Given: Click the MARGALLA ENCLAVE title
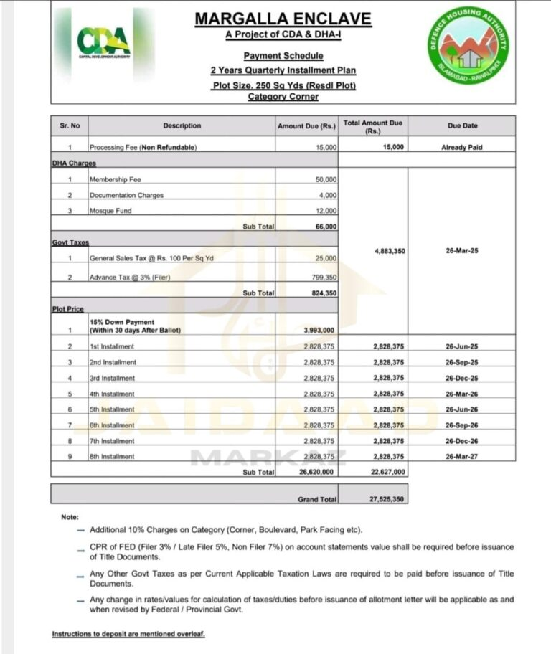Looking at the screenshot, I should (283, 19).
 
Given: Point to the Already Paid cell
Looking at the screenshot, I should (462, 147).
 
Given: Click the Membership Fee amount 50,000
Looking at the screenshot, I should (326, 179).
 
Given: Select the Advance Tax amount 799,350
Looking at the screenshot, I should (325, 277).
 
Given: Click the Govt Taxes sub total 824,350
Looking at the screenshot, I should (322, 293).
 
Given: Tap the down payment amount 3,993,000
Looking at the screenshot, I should (320, 330).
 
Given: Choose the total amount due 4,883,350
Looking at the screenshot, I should (390, 251).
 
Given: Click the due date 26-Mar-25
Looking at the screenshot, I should (461, 251).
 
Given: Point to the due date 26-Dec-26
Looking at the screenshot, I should (461, 441).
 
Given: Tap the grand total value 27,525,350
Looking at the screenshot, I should (387, 498).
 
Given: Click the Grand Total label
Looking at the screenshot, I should (316, 498).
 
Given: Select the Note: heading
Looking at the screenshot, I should (70, 516).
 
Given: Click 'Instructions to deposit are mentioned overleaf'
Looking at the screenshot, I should (128, 634).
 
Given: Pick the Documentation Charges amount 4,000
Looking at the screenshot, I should (328, 195).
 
